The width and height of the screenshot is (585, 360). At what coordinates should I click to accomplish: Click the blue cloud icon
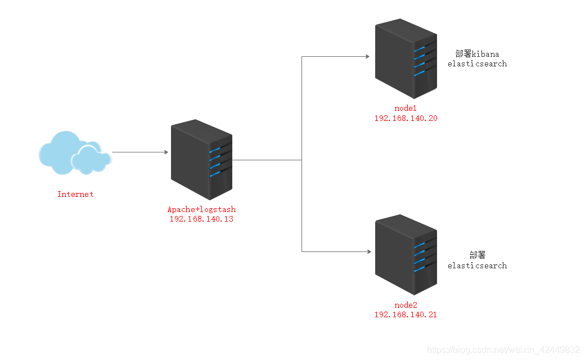pyautogui.click(x=73, y=152)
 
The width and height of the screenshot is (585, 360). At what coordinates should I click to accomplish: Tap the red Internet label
pyautogui.click(x=75, y=194)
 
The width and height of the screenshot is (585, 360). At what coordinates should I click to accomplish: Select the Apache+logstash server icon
pyautogui.click(x=201, y=159)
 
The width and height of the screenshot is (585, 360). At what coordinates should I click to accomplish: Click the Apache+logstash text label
pyautogui.click(x=201, y=210)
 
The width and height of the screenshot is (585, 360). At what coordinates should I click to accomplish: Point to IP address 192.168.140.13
pyautogui.click(x=201, y=219)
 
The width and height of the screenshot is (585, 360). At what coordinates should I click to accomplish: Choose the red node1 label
pyautogui.click(x=406, y=109)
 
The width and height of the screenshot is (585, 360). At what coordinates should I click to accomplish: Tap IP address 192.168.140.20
pyautogui.click(x=406, y=118)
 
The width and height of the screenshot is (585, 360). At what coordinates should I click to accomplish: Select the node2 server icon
pyautogui.click(x=406, y=254)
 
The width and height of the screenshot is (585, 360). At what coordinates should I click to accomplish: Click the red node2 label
pyautogui.click(x=406, y=305)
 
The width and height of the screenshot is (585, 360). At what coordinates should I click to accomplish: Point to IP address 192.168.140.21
pyautogui.click(x=406, y=314)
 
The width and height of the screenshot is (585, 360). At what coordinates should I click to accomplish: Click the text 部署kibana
pyautogui.click(x=477, y=54)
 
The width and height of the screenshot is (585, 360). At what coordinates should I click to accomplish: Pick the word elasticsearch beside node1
pyautogui.click(x=477, y=64)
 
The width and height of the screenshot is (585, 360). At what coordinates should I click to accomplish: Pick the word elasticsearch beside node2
pyautogui.click(x=477, y=265)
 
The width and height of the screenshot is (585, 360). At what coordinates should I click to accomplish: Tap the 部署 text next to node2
pyautogui.click(x=477, y=255)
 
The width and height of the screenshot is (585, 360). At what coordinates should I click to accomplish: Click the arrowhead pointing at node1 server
pyautogui.click(x=367, y=56)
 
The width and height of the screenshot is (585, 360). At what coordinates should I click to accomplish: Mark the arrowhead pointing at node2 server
pyautogui.click(x=367, y=251)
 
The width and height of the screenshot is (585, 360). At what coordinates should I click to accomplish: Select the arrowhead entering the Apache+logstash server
pyautogui.click(x=165, y=152)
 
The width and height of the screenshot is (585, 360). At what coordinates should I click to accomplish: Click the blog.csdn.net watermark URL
pyautogui.click(x=504, y=350)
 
